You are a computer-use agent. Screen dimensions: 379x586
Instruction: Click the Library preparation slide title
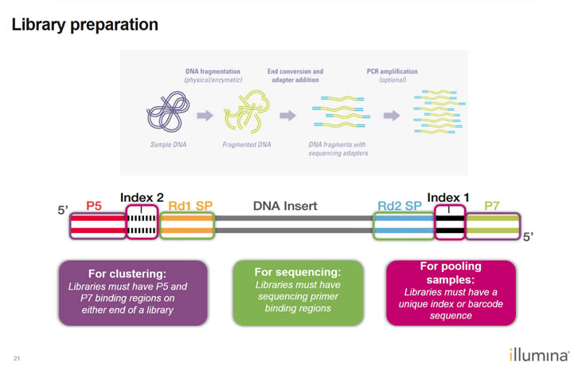pyautogui.click(x=84, y=25)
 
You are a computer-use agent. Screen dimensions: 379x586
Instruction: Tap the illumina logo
pyautogui.click(x=539, y=355)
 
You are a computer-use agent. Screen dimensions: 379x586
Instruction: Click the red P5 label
pyautogui.click(x=94, y=206)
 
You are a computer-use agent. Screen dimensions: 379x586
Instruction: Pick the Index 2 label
pyautogui.click(x=143, y=196)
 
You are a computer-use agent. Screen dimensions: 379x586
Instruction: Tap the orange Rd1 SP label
pyautogui.click(x=186, y=206)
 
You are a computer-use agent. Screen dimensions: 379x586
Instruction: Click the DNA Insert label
pyautogui.click(x=285, y=206)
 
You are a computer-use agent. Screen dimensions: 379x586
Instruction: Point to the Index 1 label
pyautogui.click(x=447, y=196)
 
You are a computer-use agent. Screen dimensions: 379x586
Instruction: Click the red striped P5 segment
pyautogui.click(x=94, y=224)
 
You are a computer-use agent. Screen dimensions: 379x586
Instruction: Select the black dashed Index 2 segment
pyautogui.click(x=143, y=224)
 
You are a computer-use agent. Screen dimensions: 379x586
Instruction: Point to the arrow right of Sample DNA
pyautogui.click(x=205, y=116)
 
